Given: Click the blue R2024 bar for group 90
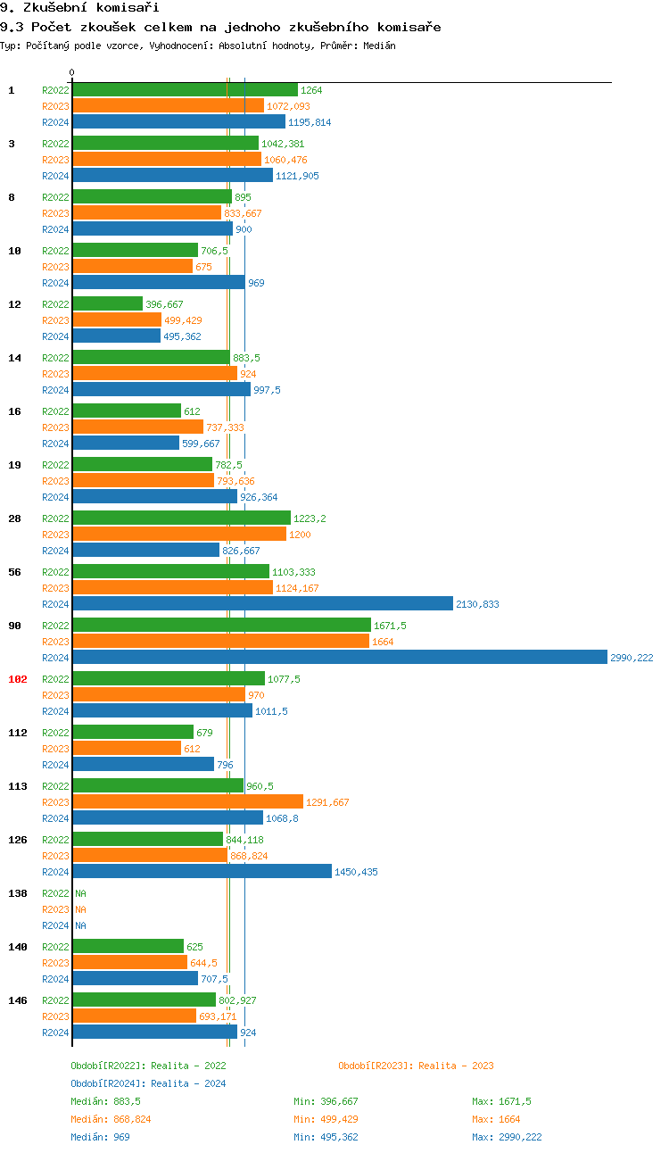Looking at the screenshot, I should click(339, 658).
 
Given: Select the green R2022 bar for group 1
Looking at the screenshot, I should click(185, 90).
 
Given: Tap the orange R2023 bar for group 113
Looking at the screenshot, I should click(187, 802).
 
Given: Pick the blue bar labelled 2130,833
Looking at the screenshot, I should click(262, 604).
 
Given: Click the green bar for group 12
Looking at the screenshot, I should click(107, 304).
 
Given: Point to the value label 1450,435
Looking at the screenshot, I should click(356, 872).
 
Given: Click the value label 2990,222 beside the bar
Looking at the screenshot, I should click(632, 658).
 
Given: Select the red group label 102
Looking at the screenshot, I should click(18, 679).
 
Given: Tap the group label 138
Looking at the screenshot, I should click(18, 893).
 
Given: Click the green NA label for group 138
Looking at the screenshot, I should click(80, 893).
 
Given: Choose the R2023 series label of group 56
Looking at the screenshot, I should click(55, 588).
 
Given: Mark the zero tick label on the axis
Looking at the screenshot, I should click(72, 72).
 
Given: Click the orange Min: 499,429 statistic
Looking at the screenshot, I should click(326, 1119).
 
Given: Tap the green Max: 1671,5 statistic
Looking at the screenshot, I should click(501, 1101).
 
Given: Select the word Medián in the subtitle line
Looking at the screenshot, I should click(378, 45).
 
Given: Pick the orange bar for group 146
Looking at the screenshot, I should click(134, 1016).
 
